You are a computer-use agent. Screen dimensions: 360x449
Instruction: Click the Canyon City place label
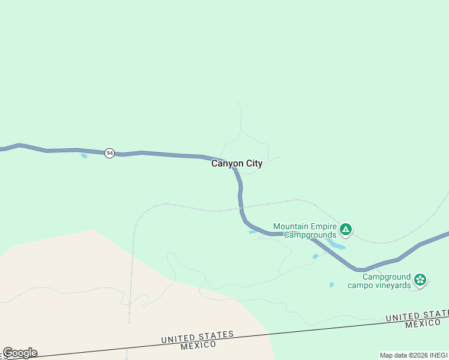click(x=237, y=163)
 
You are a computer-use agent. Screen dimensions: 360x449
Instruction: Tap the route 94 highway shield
click(x=109, y=153)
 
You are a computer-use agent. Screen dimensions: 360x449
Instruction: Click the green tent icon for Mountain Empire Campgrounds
click(x=346, y=229)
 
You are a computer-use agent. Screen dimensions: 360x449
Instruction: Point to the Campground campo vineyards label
click(x=379, y=281)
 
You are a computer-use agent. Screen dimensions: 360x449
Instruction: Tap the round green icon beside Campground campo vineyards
click(x=421, y=279)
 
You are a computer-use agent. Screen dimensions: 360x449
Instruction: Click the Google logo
click(x=20, y=353)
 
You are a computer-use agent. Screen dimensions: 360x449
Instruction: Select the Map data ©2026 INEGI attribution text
click(x=414, y=355)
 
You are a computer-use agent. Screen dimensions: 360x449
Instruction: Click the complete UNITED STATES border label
click(x=197, y=337)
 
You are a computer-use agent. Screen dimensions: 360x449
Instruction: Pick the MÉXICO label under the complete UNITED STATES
click(x=200, y=346)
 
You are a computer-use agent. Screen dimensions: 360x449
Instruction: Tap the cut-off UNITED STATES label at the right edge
click(x=417, y=316)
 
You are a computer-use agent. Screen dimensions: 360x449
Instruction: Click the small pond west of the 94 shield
click(x=84, y=157)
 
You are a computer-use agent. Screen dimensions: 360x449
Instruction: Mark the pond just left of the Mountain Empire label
click(x=253, y=232)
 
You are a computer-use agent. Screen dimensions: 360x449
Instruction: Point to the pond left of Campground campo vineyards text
click(x=331, y=285)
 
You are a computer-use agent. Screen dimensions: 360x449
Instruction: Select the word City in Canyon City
click(x=252, y=163)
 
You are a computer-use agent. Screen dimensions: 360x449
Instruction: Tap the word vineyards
click(x=393, y=285)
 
